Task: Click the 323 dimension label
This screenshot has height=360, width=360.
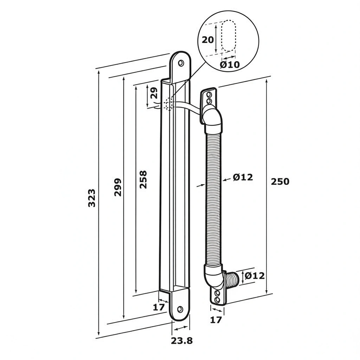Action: pos(92,198)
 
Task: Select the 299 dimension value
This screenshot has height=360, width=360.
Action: pos(118,187)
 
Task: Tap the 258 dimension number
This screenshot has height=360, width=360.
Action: pos(143,179)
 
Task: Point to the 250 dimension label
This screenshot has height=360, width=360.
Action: pos(280,181)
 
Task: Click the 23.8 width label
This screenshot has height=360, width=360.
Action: pos(182,340)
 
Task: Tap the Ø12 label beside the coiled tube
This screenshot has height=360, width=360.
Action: pos(243,177)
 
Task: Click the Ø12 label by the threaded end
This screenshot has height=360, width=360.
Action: pos(255,276)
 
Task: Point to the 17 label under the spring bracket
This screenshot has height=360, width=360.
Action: pos(217,320)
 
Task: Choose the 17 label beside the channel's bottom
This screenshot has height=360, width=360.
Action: pos(159,307)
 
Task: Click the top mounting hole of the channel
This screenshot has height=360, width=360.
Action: pos(181,63)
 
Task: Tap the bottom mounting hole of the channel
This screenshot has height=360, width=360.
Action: pos(180,309)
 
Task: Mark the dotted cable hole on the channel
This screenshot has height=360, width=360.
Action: pos(169,104)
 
